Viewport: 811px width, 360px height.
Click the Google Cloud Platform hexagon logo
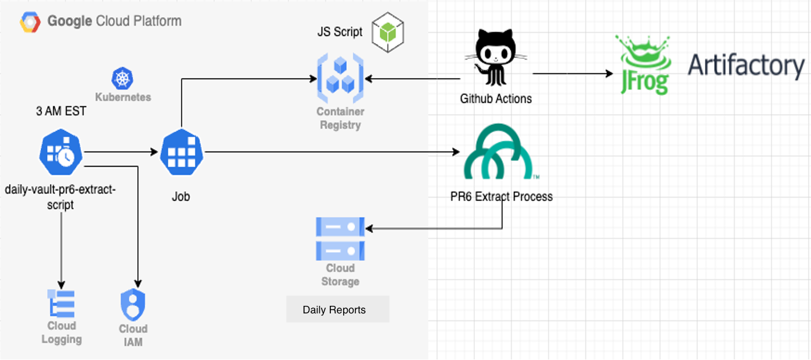[30, 22]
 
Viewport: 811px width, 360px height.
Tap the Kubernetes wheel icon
[122, 78]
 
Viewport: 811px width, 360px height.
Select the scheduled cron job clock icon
[61, 153]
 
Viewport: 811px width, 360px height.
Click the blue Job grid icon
[181, 153]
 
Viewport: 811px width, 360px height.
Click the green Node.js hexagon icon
[387, 31]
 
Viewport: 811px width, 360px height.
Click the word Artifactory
[746, 65]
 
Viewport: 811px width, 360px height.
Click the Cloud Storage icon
[340, 239]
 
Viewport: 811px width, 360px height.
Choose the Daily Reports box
[337, 310]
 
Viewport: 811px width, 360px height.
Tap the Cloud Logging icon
[62, 303]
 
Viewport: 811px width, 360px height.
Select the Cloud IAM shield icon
[133, 305]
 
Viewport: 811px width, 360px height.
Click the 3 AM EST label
[61, 111]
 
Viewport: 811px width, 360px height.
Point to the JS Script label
[340, 32]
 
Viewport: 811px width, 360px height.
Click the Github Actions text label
[496, 98]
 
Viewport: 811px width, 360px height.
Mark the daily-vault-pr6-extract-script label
[61, 197]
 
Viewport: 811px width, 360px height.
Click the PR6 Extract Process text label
[502, 196]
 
